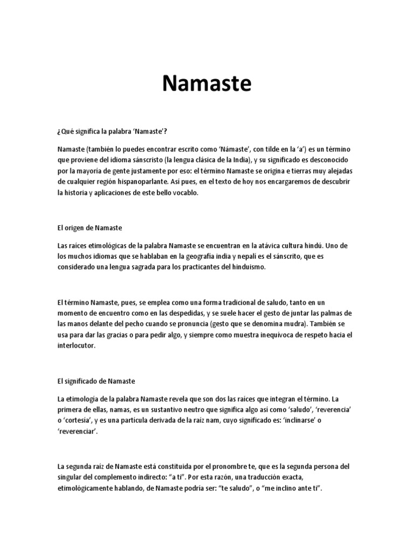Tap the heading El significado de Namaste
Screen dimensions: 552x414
99,381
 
